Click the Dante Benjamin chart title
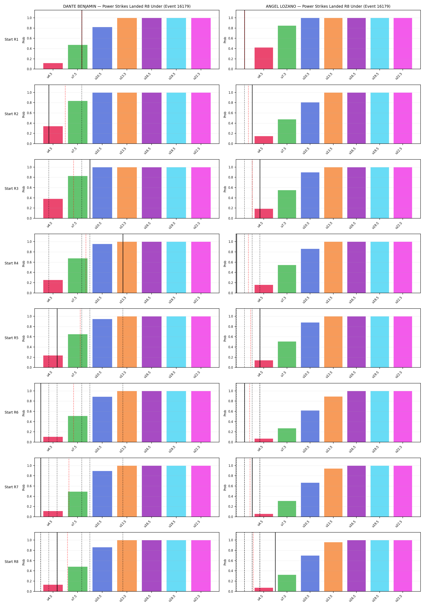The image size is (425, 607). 127,6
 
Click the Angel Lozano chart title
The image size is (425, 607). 328,6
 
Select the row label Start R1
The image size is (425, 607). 12,39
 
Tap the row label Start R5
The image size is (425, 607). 12,338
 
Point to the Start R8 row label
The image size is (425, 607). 12,561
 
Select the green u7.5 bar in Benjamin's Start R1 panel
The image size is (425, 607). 78,57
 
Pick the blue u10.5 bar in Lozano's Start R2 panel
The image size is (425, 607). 310,123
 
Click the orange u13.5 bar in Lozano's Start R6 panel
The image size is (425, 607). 333,419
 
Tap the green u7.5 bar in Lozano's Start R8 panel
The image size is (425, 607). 287,583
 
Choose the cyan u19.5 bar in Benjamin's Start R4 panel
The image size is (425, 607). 176,267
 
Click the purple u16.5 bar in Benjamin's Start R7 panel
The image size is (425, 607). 152,491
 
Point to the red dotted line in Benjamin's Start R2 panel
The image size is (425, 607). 65,114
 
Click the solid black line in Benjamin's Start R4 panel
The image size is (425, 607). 123,263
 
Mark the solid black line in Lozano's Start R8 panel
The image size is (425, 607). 275,562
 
